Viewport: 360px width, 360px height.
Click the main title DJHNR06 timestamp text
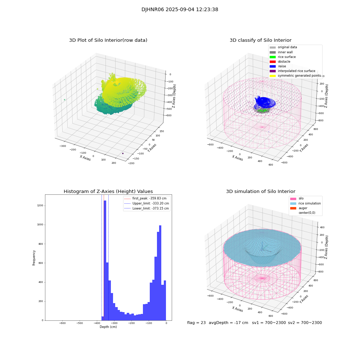pos(180,10)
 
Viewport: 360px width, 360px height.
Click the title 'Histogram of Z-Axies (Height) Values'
pos(108,192)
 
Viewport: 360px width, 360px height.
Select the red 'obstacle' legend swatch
pos(273,62)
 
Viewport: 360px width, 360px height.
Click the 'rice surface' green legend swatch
pos(273,57)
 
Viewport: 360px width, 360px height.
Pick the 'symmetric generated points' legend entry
pos(299,76)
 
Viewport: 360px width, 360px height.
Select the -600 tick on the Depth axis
pos(62,323)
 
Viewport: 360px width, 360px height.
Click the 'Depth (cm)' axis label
pos(108,327)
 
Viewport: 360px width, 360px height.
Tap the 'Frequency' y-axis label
pos(34,258)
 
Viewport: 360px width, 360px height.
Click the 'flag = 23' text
pos(196,323)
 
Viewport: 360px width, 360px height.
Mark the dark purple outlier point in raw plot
pos(123,153)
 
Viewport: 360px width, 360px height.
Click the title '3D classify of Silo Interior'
pos(260,40)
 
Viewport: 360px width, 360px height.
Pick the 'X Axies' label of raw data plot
pos(85,158)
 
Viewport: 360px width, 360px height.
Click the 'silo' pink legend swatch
pos(293,199)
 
